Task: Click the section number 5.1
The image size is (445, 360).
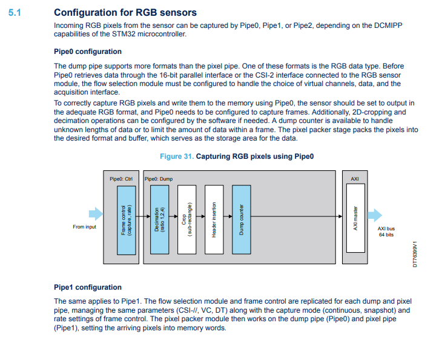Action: tap(15, 12)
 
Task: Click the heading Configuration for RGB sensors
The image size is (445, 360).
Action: tap(125, 12)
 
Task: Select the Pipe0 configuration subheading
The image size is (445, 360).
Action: tap(88, 52)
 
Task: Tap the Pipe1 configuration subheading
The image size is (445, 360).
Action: tap(88, 287)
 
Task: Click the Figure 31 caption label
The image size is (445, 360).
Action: tap(177, 156)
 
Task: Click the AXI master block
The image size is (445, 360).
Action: tap(355, 218)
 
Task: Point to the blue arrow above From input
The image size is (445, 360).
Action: tap(96, 213)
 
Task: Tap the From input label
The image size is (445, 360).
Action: tap(84, 227)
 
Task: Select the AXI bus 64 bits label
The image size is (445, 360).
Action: tap(386, 232)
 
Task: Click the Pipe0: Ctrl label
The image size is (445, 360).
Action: tap(121, 179)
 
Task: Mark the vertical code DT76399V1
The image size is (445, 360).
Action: tap(415, 252)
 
